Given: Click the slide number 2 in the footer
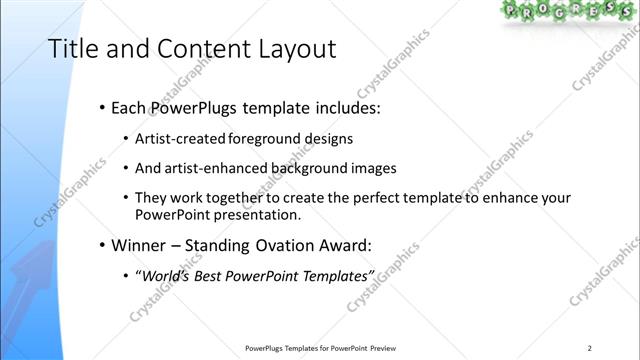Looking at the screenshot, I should pyautogui.click(x=590, y=348).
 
